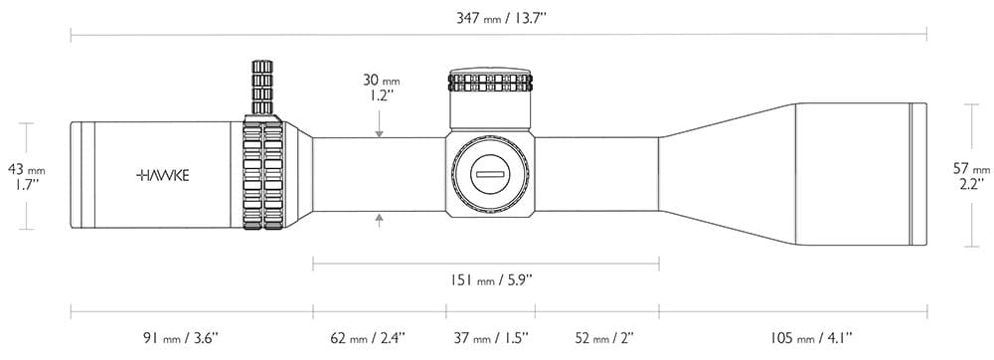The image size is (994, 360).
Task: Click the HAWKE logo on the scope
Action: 162,176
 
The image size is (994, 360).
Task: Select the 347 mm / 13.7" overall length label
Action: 501,18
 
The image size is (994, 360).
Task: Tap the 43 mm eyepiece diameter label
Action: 27,177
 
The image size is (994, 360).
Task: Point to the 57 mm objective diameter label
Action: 972,176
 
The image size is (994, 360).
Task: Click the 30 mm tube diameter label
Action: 382,88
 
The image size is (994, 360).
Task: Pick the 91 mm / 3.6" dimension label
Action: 180,338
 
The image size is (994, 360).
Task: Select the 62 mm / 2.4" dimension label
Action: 369,338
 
